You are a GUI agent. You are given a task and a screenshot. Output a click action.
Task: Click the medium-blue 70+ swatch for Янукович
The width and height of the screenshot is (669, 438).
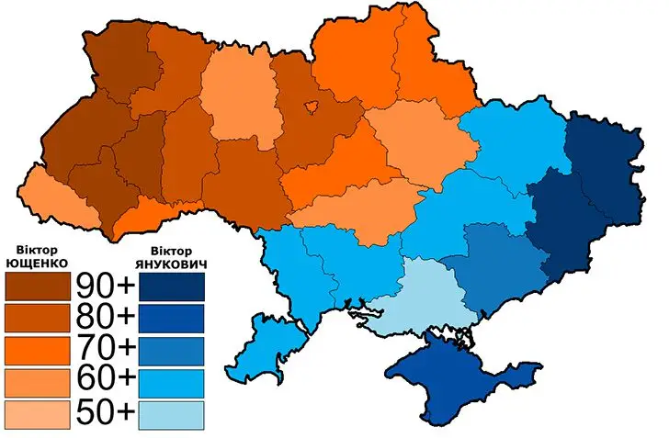pos(173,349)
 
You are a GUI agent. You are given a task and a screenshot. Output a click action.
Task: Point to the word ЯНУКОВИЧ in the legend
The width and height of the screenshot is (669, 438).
pos(173,264)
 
